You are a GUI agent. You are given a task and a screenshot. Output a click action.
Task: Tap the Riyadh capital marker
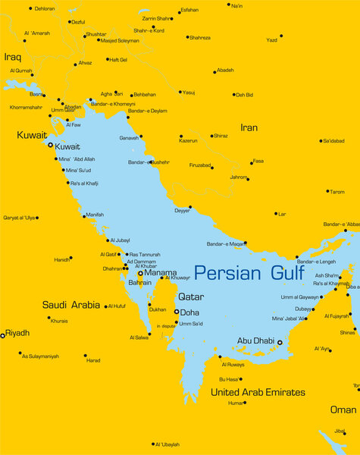(x=3, y=334)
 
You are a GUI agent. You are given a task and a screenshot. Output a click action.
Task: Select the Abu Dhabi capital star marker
(x=279, y=342)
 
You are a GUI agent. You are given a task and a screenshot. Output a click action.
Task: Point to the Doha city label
(x=189, y=312)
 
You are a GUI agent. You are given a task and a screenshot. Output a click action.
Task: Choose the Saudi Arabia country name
(x=71, y=305)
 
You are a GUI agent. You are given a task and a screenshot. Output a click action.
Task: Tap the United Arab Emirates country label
(x=258, y=392)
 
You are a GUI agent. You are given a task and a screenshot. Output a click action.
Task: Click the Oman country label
(x=343, y=409)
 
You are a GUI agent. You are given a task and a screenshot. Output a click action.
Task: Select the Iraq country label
(x=13, y=57)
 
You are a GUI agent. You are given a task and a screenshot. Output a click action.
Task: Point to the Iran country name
(x=249, y=127)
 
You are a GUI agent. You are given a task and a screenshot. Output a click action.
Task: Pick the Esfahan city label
(x=189, y=11)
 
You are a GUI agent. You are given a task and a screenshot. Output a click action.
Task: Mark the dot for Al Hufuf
(x=105, y=306)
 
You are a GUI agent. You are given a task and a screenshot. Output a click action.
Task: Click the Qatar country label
(x=190, y=297)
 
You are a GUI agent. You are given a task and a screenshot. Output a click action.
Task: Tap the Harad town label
(x=93, y=360)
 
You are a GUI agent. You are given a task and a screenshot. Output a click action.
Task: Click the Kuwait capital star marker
(x=50, y=145)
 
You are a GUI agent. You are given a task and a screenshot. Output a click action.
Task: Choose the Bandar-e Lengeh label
(x=316, y=262)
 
